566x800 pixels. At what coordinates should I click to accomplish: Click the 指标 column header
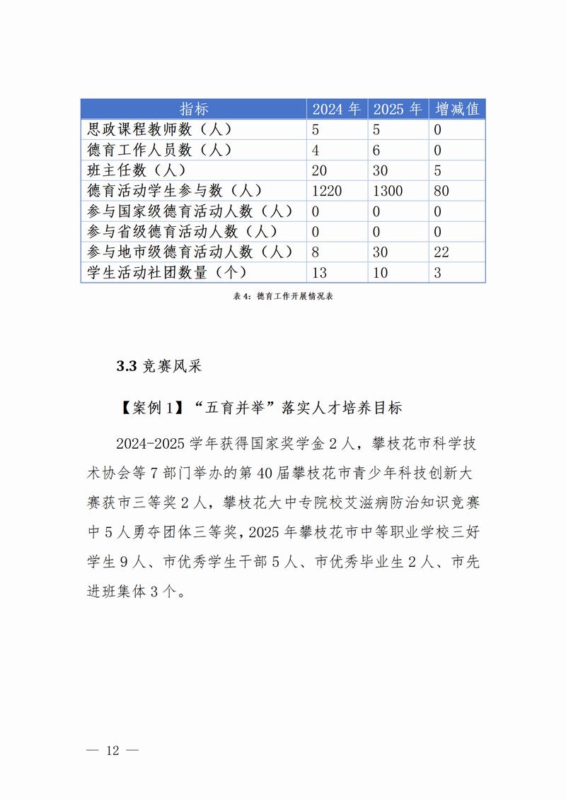click(194, 109)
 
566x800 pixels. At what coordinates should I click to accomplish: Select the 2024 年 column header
click(337, 109)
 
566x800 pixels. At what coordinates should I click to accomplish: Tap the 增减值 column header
click(457, 109)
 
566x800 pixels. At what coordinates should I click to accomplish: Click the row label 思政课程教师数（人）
click(159, 129)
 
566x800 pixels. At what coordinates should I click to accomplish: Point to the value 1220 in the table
click(326, 191)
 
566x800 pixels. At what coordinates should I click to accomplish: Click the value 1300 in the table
click(388, 191)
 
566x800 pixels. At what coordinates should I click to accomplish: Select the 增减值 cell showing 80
click(441, 191)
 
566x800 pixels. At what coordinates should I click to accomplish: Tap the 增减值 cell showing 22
click(441, 252)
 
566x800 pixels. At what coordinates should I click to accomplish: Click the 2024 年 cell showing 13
click(320, 273)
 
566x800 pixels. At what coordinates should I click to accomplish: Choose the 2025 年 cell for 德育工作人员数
click(377, 150)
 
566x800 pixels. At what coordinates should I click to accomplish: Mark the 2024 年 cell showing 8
click(316, 252)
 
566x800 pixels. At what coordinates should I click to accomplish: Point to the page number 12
click(112, 750)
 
